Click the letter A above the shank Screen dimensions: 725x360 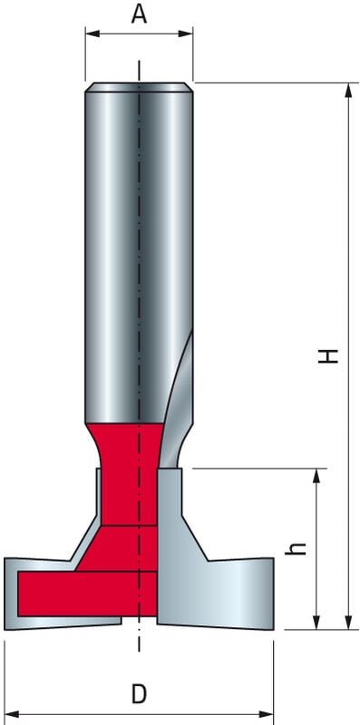(x=139, y=14)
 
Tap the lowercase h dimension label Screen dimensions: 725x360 (x=302, y=548)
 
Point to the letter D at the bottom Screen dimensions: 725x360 (x=139, y=694)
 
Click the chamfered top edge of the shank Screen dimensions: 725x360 (x=139, y=88)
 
